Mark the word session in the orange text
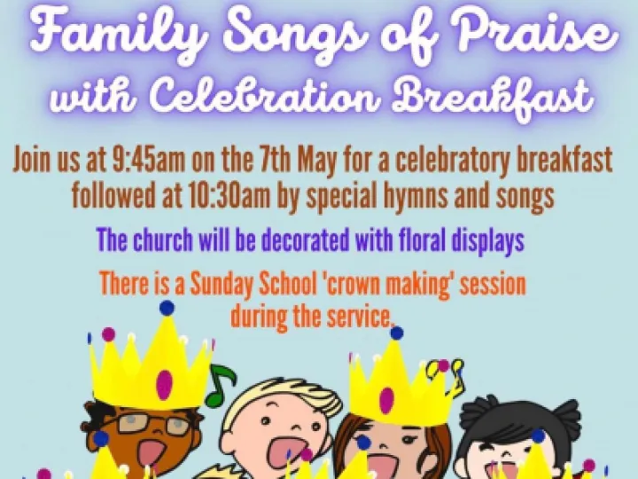click(x=490, y=286)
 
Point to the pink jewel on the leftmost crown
click(x=164, y=383)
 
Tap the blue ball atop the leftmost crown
click(x=167, y=308)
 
